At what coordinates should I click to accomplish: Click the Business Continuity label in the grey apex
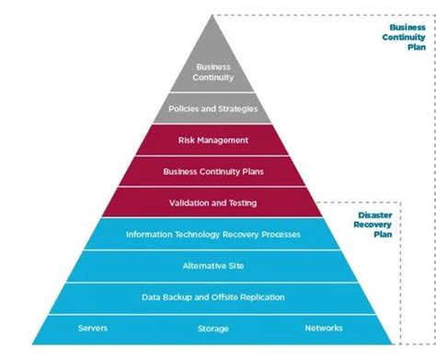pyautogui.click(x=213, y=73)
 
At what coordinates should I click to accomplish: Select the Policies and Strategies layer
pyautogui.click(x=213, y=110)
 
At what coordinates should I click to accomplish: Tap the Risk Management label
pyautogui.click(x=213, y=140)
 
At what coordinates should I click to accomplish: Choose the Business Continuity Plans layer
pyautogui.click(x=213, y=171)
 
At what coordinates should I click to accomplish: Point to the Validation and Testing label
pyautogui.click(x=213, y=203)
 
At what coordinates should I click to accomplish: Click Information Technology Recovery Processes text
pyautogui.click(x=213, y=235)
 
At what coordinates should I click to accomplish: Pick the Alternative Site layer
pyautogui.click(x=213, y=266)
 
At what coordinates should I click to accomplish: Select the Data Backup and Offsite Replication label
pyautogui.click(x=213, y=297)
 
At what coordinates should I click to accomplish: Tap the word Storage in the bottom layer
pyautogui.click(x=213, y=329)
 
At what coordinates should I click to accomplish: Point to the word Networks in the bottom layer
pyautogui.click(x=323, y=329)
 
